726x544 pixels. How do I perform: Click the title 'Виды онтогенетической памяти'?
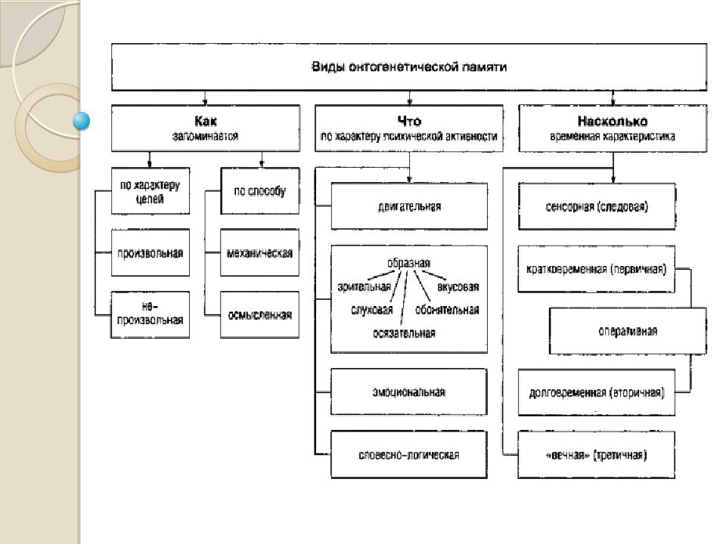[409, 66]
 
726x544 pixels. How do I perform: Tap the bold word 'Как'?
[205, 121]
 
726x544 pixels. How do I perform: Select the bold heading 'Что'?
[409, 121]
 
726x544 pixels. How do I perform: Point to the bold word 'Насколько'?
[613, 121]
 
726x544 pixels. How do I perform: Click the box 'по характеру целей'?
[150, 190]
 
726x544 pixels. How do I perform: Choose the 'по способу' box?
[259, 190]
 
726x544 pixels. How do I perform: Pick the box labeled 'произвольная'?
[150, 252]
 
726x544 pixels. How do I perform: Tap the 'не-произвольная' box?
[150, 314]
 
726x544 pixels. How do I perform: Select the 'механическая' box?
[259, 252]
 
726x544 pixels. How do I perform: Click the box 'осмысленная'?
[259, 314]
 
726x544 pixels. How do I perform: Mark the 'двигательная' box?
[409, 206]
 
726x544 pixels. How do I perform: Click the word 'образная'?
[409, 263]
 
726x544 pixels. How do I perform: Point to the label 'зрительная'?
[365, 287]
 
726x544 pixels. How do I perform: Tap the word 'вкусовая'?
[458, 287]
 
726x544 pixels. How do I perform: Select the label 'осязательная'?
[404, 333]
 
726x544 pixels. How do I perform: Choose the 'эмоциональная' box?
[409, 392]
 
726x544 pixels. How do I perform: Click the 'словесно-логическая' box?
[409, 455]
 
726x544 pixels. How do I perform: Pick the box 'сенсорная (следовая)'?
[597, 206]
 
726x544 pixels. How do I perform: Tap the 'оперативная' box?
[628, 331]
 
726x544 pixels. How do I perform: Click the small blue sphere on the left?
[82, 121]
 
